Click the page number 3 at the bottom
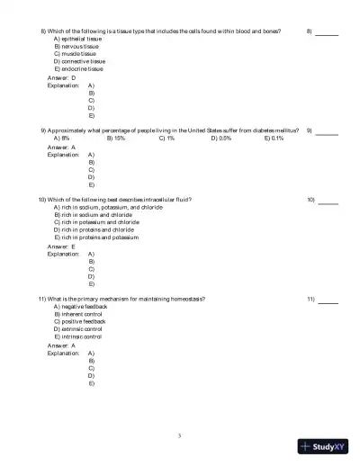coord(180,435)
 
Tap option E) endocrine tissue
coord(78,68)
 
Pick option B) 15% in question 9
coord(115,139)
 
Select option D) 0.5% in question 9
coord(221,139)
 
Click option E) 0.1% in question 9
coord(274,139)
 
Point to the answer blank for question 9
coord(327,131)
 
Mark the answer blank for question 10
coord(328,200)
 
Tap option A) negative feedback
coord(79,306)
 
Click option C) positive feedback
coord(79,321)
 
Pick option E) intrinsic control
coord(77,336)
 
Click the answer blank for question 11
coord(328,300)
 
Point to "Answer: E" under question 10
coord(61,246)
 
